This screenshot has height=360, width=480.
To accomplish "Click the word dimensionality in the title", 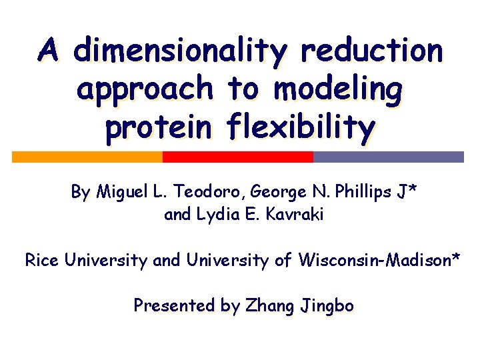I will coord(180,51).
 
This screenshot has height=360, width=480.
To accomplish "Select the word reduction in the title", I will coord(371,51).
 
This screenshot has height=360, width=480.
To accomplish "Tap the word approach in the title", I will coord(145,89).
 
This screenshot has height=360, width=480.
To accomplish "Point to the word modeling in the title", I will coord(337,89).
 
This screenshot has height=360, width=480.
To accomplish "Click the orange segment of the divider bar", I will coord(87,157).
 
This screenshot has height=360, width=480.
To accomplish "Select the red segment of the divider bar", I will coord(238,157).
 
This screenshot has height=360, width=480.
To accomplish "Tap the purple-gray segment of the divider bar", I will coord(388,157).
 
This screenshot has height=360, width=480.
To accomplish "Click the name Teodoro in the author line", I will coord(211,193).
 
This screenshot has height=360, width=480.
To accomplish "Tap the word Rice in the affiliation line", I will coord(42,260).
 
